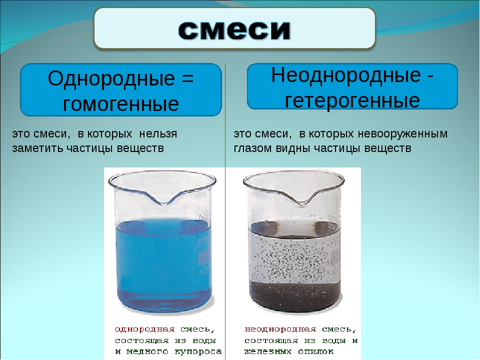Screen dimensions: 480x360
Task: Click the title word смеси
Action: (x=234, y=29)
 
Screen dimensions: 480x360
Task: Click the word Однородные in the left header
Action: (x=111, y=78)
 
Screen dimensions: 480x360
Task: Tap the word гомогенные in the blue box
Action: (x=121, y=104)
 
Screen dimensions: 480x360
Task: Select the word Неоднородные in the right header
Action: (x=346, y=75)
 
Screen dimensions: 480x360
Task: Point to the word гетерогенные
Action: (x=352, y=100)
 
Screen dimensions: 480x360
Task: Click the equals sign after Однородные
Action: (x=187, y=78)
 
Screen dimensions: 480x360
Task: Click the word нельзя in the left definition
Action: (x=158, y=134)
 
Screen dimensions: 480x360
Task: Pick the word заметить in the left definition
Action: (x=38, y=148)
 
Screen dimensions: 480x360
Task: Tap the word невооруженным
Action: (x=402, y=134)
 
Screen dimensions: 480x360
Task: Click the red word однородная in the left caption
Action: (x=145, y=329)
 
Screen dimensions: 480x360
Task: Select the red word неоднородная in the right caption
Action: (x=280, y=329)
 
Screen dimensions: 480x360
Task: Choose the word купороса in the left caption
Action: (x=198, y=352)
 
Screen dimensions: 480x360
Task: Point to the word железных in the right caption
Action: (x=268, y=351)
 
